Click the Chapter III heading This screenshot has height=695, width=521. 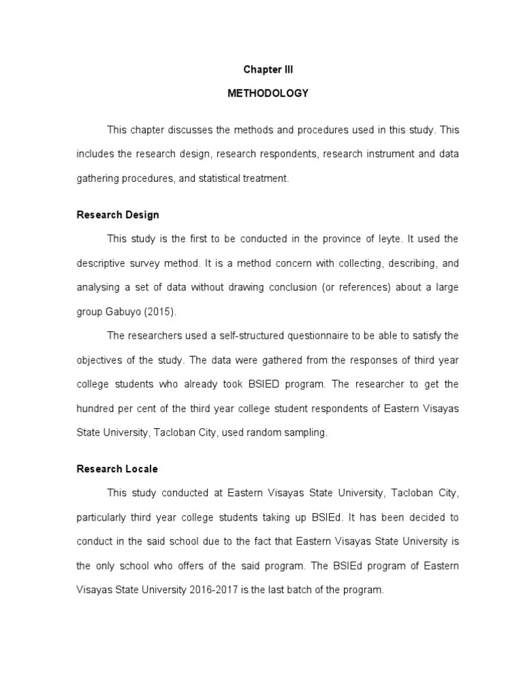(267, 69)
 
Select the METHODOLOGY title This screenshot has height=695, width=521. (267, 93)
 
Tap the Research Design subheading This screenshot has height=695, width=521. (118, 214)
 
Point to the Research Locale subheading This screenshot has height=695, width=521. (117, 469)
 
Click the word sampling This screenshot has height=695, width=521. (307, 432)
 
